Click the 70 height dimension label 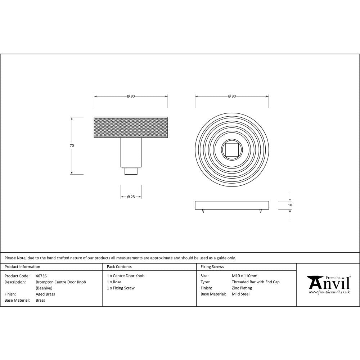72,146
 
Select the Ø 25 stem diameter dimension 131,197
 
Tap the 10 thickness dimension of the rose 290,205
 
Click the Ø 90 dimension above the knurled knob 131,96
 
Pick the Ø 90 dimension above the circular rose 232,96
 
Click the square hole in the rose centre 232,149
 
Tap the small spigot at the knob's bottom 131,171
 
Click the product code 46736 41,276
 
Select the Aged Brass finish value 45,294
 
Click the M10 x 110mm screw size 244,276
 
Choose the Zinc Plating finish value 242,288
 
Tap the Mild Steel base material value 240,294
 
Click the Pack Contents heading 119,267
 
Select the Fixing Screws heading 212,267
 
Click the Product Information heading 22,267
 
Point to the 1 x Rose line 114,282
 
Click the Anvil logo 328,284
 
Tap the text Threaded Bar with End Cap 256,282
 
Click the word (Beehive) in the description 44,288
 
